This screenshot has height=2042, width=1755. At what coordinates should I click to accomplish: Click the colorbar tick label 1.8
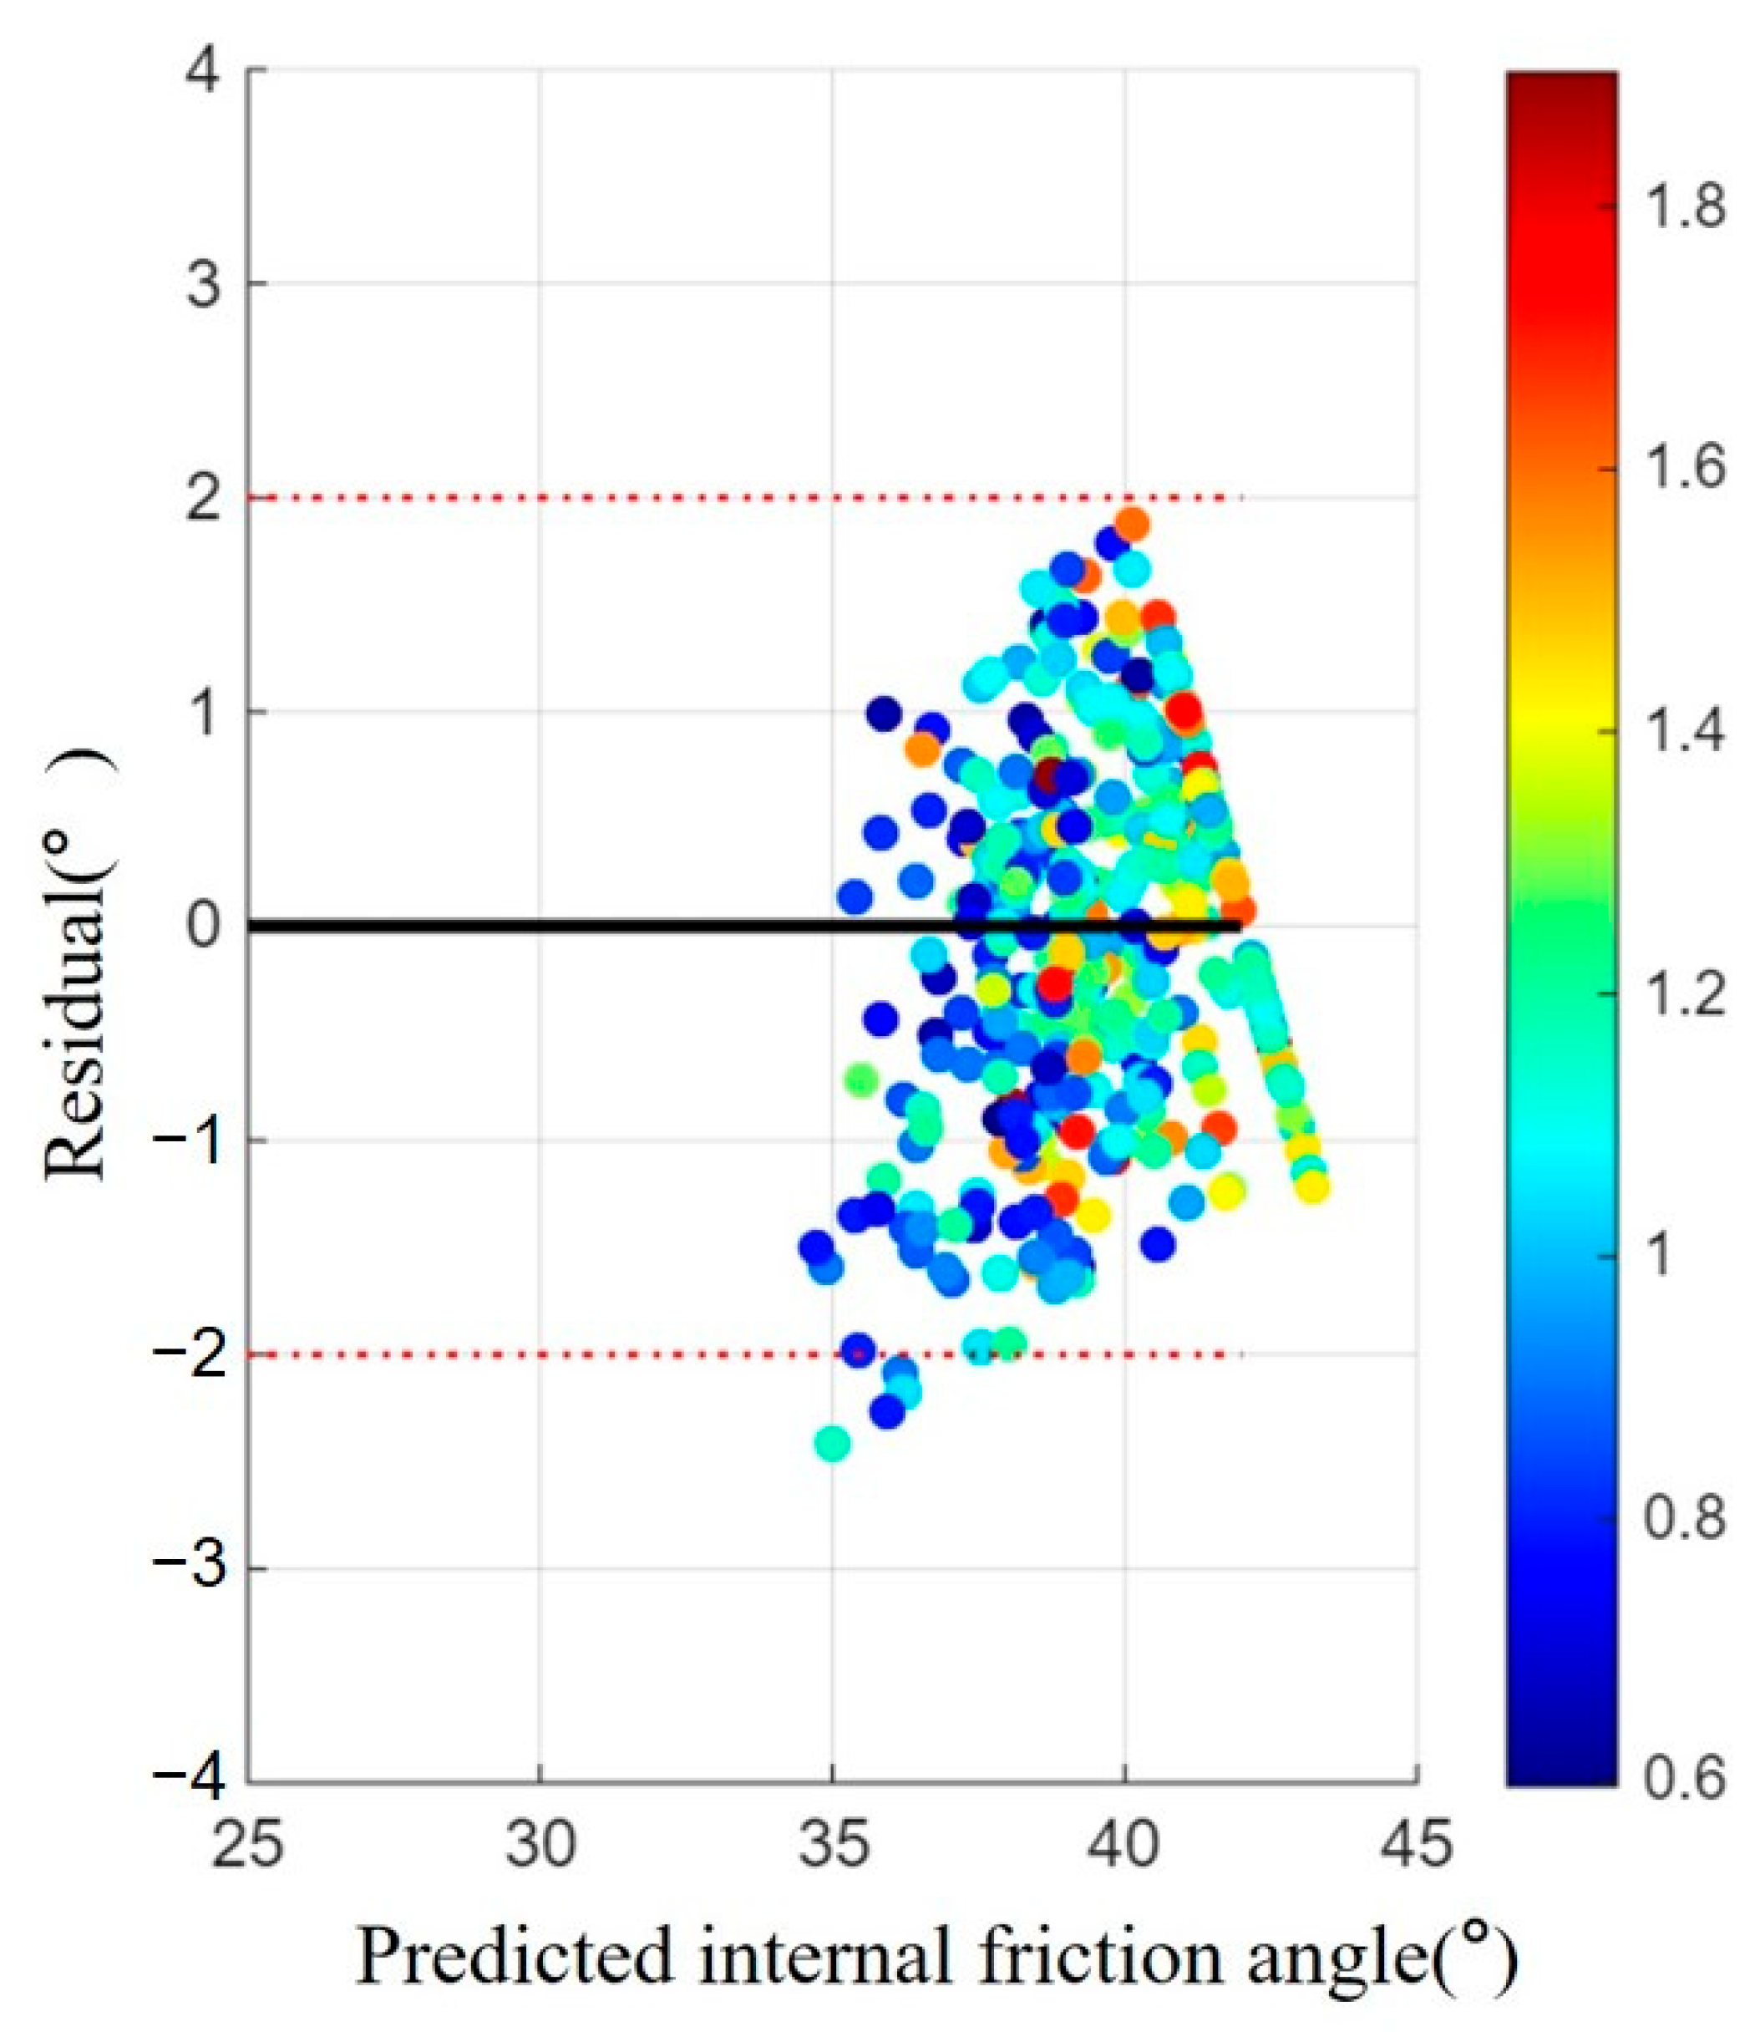[1681, 208]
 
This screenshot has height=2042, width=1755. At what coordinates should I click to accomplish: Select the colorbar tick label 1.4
[1681, 732]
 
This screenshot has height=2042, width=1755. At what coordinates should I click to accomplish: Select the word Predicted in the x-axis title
[515, 1956]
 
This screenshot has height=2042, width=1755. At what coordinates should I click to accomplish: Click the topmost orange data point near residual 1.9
[1132, 523]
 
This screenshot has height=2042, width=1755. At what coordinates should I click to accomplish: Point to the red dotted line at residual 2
[744, 498]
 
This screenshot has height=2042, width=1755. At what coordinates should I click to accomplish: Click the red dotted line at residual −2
[744, 1354]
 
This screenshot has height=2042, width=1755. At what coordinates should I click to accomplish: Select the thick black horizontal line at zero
[744, 926]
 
